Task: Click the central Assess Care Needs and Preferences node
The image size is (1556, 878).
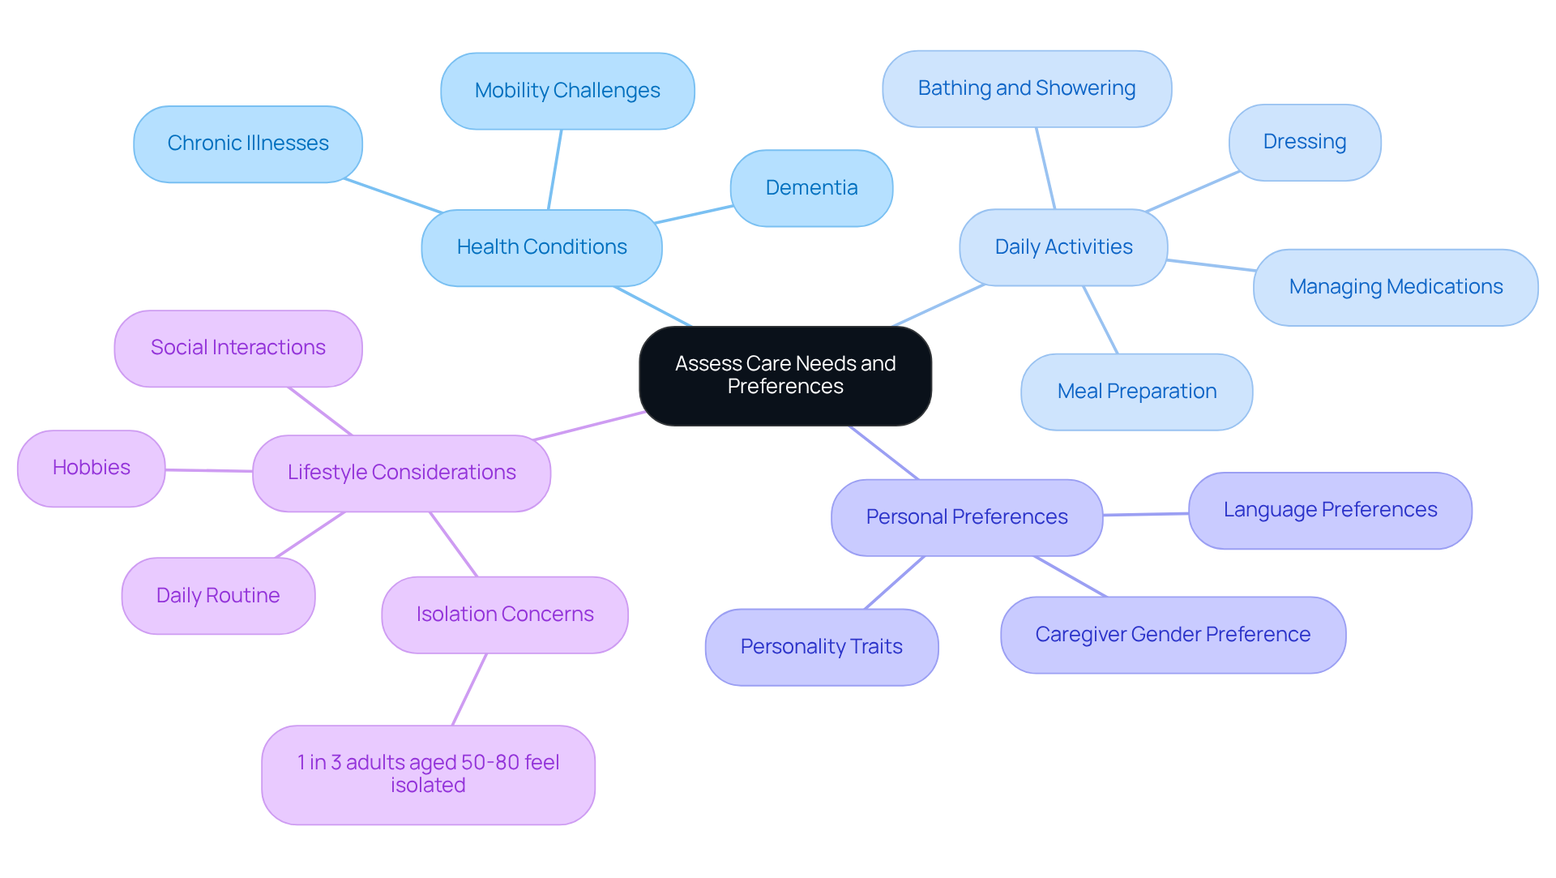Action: (x=784, y=375)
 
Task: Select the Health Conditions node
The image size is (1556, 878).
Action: (x=541, y=247)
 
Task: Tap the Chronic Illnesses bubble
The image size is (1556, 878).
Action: (x=247, y=143)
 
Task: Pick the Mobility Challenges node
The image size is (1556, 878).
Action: (x=566, y=91)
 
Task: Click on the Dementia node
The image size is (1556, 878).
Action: (x=810, y=188)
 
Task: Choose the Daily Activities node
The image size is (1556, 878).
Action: (x=1062, y=247)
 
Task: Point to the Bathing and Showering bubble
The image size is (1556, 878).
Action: (x=1026, y=88)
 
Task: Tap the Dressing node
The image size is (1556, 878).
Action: (x=1304, y=142)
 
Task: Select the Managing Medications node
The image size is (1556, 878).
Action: (x=1395, y=287)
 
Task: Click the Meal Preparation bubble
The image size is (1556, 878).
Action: (x=1136, y=392)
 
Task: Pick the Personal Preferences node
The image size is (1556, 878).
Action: (x=966, y=517)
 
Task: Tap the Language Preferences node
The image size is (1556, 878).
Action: (x=1329, y=510)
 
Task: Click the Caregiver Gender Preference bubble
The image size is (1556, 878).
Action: (x=1172, y=635)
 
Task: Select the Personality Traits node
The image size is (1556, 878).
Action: (x=821, y=647)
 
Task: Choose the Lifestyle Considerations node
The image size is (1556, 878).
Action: (x=401, y=473)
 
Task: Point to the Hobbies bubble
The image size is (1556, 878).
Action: (x=91, y=468)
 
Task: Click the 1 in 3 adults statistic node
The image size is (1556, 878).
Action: (x=428, y=774)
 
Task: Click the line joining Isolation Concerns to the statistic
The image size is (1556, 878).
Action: (x=469, y=689)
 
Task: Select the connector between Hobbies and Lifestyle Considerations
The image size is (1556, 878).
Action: (x=209, y=470)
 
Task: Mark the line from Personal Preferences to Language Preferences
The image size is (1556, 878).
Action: (x=1145, y=514)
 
